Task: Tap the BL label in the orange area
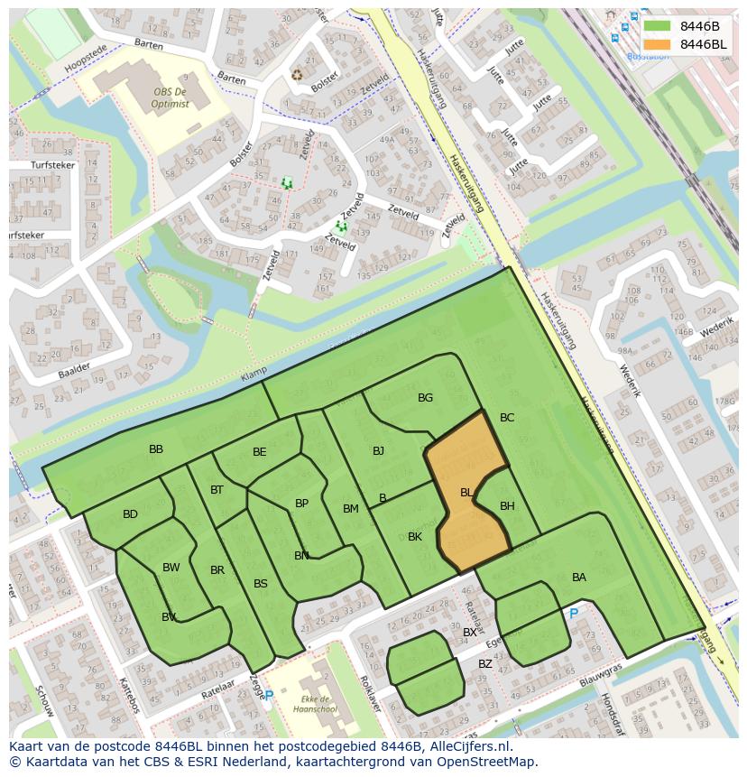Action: pos(466,493)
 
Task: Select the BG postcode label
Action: pos(425,398)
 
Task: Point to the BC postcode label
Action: pos(507,418)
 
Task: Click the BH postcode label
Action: pos(507,506)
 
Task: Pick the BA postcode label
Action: pos(579,578)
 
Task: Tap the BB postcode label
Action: pos(156,449)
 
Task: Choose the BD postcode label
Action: pos(130,514)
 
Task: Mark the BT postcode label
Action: pos(217,490)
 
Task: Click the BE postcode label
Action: pos(260,452)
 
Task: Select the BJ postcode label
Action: pos(378,451)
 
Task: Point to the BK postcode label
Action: pos(415,537)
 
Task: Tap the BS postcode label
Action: pos(261,584)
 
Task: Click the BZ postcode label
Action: pos(485,664)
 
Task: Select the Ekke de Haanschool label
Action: pos(315,704)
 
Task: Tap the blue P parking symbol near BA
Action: pos(573,614)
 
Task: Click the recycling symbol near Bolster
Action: pos(297,75)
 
